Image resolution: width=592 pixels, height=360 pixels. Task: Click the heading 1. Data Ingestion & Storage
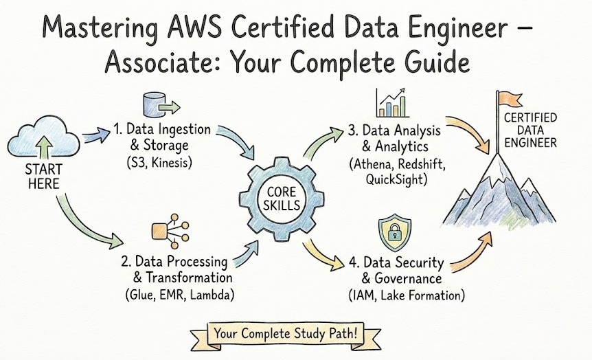tap(163, 137)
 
